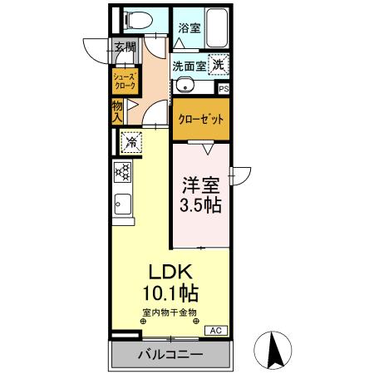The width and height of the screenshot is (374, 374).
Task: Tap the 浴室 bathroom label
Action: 189,27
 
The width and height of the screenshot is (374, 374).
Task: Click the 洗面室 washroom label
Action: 189,65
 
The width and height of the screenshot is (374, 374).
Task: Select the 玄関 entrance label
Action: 125,47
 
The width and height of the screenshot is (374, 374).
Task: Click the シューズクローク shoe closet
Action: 125,81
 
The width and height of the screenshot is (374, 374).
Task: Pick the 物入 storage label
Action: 117,111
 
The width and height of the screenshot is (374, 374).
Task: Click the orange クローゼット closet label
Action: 201,118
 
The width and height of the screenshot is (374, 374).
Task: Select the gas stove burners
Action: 124,172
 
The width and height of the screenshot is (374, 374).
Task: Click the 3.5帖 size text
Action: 201,204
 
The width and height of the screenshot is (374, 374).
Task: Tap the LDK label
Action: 171,272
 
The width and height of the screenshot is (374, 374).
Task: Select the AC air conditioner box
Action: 214,330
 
